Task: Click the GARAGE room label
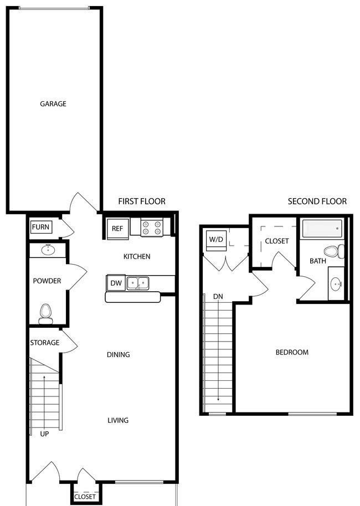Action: (x=53, y=104)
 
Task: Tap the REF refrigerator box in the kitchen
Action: (x=118, y=229)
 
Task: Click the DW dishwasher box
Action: (x=116, y=283)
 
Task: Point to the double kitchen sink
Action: (x=138, y=283)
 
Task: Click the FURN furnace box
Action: (x=40, y=227)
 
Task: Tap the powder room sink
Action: (x=48, y=250)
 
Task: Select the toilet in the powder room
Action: (x=46, y=314)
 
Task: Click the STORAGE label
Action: (x=44, y=343)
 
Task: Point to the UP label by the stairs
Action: (x=44, y=434)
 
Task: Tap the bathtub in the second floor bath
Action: (x=322, y=229)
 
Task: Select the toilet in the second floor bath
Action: (x=334, y=251)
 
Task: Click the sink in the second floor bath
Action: (x=336, y=285)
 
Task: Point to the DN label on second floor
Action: (x=218, y=296)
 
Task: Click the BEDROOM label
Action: (x=292, y=352)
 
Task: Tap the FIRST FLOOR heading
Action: (x=142, y=202)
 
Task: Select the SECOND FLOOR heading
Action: (x=317, y=202)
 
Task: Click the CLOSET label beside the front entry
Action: (x=85, y=497)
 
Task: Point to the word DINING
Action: (x=119, y=355)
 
